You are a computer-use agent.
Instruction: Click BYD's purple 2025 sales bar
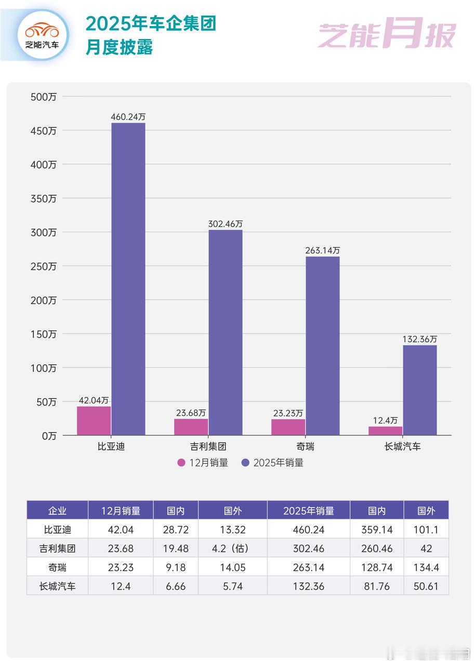click(x=128, y=279)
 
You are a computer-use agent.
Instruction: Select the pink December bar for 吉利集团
click(x=191, y=427)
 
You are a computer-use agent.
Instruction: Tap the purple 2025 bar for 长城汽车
click(x=419, y=390)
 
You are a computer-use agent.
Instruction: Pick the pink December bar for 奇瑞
click(x=288, y=427)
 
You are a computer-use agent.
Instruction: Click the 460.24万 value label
click(x=128, y=117)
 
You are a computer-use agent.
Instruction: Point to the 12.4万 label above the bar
click(x=385, y=420)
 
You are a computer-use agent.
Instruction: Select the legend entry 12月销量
click(x=203, y=463)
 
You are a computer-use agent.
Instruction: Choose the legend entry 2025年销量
click(x=272, y=463)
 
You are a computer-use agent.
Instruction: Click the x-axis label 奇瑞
click(x=305, y=446)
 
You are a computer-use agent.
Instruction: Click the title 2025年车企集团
click(x=151, y=24)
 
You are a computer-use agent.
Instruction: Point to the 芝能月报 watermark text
click(x=387, y=35)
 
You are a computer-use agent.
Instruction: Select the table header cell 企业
click(x=57, y=511)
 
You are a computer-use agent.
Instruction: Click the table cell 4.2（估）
click(x=232, y=549)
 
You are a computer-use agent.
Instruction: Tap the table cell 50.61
click(x=426, y=587)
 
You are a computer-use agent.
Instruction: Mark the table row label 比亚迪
click(x=57, y=530)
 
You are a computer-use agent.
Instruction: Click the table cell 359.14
click(x=376, y=530)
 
